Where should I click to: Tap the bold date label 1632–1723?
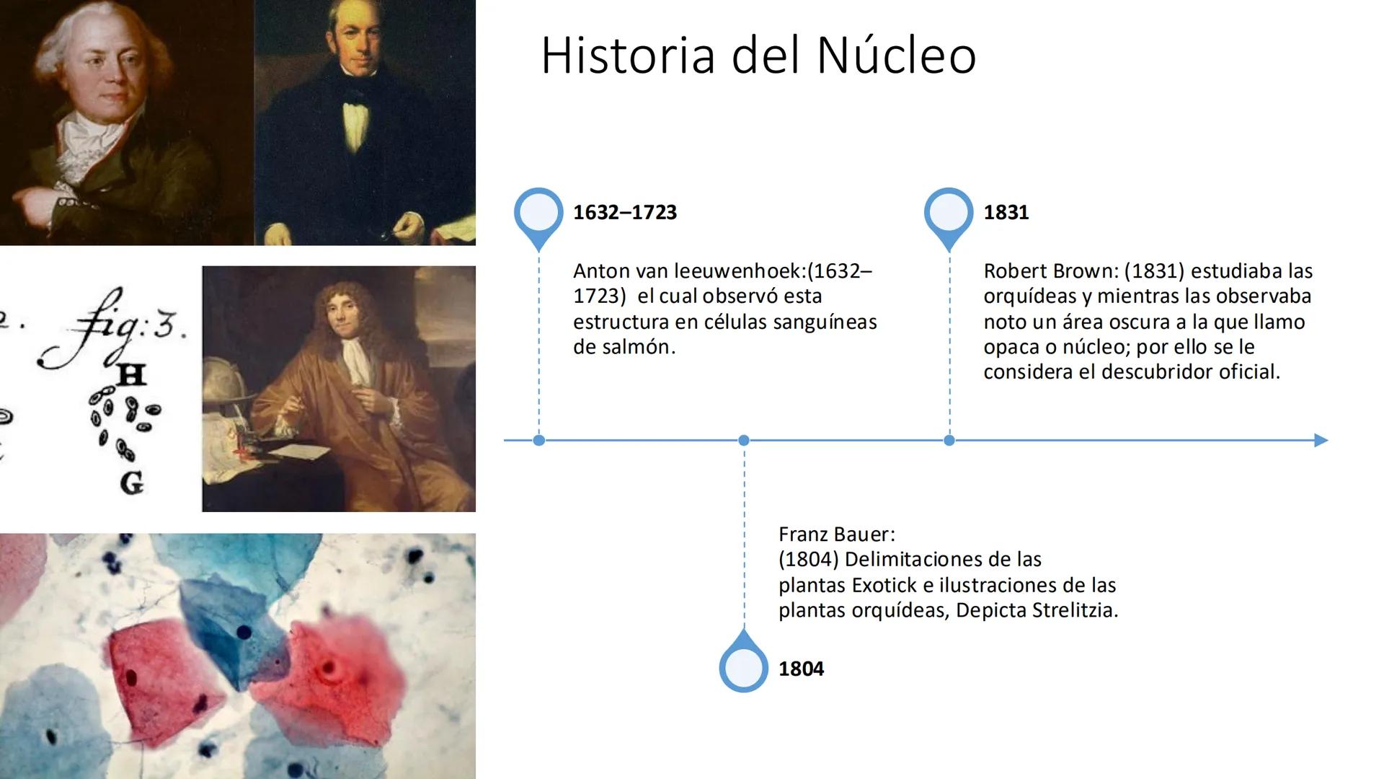pos(625,212)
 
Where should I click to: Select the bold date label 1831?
pos(1006,212)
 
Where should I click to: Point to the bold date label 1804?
pos(801,669)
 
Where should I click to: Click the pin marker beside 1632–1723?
pos(538,214)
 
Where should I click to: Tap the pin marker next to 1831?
pos(949,214)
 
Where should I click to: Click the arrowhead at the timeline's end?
pos(1321,440)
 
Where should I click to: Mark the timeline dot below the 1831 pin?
pos(949,440)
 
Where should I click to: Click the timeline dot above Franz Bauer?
pos(744,440)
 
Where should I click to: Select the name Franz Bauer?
pos(836,534)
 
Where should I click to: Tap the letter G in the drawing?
pos(131,482)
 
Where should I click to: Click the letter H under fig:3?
pos(131,374)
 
